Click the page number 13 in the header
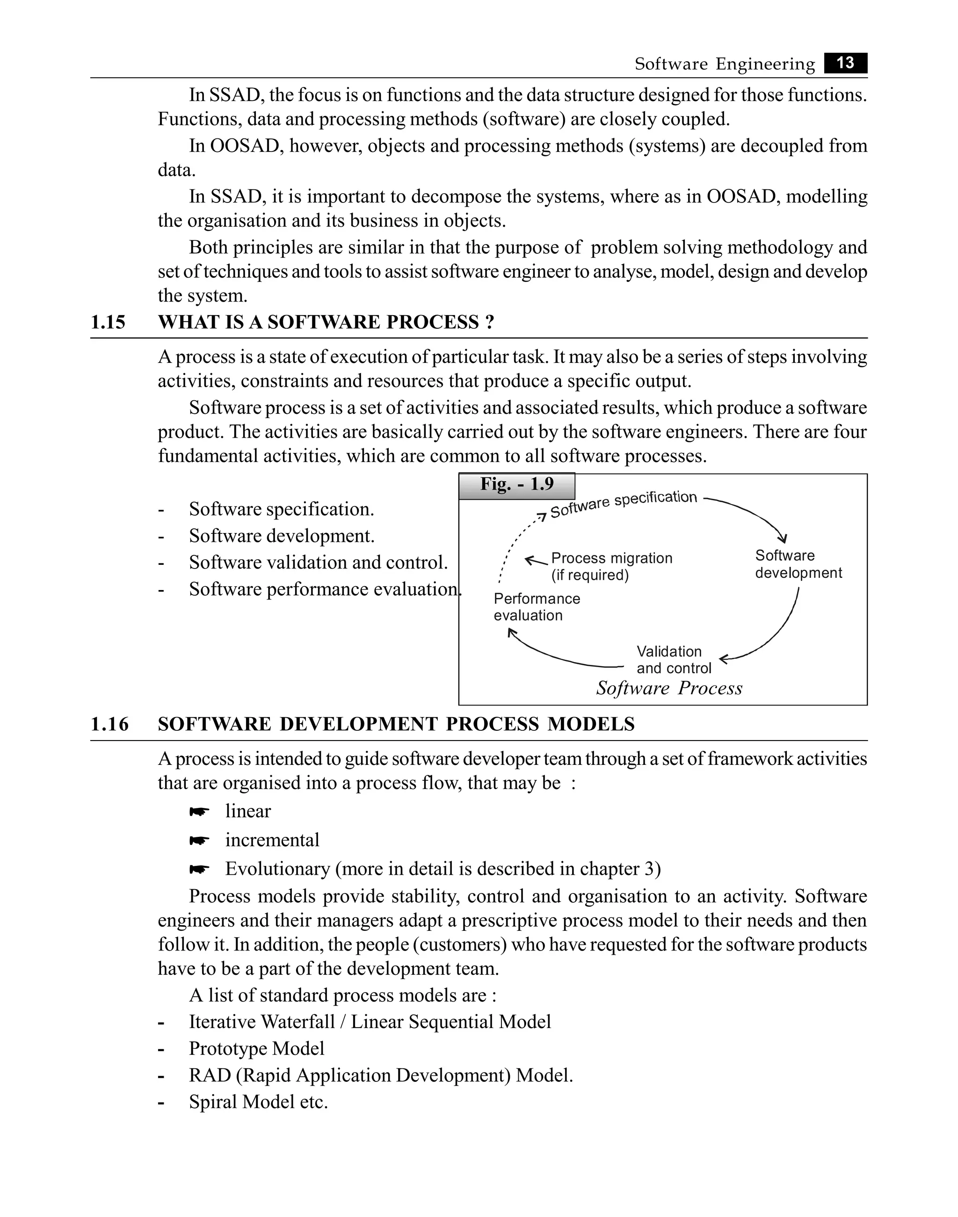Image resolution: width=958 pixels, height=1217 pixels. point(845,63)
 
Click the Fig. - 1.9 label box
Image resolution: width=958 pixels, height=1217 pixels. point(516,485)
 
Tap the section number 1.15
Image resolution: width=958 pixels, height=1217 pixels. point(108,322)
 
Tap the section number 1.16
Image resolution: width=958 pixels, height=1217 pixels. point(109,724)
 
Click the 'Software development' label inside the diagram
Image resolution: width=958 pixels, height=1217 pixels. point(798,564)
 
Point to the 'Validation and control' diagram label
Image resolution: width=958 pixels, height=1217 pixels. point(673,660)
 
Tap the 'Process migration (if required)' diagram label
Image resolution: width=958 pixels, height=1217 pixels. point(611,566)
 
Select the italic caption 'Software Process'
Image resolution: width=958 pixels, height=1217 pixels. point(668,688)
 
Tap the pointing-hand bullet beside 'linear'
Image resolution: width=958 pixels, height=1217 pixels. point(199,812)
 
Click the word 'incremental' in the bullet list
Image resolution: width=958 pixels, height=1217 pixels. point(272,840)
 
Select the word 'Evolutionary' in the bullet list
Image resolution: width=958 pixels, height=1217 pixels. point(277,868)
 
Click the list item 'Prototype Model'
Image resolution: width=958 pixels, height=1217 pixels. point(256,1048)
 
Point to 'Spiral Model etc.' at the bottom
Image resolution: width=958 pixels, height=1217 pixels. point(258,1102)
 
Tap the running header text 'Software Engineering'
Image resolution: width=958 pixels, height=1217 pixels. point(724,64)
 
